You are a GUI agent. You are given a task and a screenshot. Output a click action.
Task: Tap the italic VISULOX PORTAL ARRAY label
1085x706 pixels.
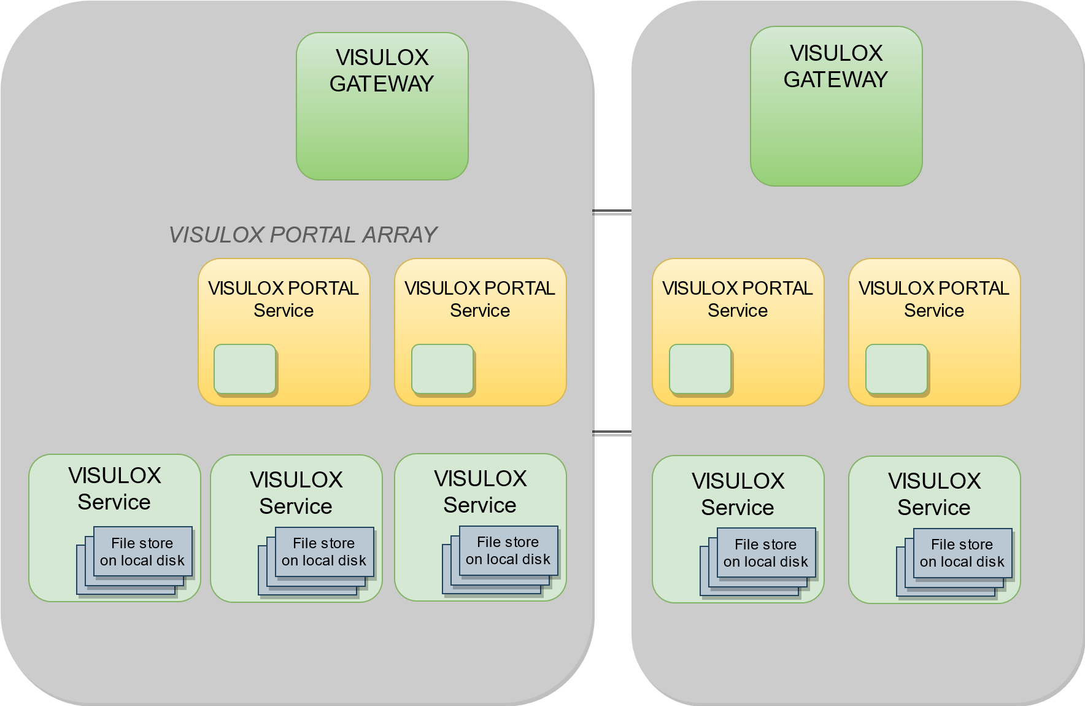click(303, 235)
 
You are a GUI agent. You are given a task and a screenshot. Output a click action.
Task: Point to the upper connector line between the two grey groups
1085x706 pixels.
click(612, 212)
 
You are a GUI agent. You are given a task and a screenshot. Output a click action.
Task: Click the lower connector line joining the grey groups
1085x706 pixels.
click(612, 432)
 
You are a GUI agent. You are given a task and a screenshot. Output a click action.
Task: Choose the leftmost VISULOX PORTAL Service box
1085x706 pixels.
click(284, 332)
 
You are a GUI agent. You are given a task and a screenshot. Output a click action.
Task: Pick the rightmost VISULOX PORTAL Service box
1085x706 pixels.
click(934, 332)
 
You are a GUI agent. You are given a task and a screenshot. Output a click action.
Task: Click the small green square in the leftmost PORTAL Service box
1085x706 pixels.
click(245, 368)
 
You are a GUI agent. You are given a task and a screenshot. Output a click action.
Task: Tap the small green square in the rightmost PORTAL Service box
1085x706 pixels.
click(896, 368)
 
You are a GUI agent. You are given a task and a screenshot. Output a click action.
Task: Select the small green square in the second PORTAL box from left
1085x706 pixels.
click(442, 368)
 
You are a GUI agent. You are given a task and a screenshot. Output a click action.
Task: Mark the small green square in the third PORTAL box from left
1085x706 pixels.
click(700, 368)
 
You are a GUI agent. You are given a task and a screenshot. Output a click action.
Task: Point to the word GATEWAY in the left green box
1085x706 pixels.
click(382, 83)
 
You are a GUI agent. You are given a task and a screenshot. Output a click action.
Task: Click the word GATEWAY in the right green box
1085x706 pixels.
click(836, 79)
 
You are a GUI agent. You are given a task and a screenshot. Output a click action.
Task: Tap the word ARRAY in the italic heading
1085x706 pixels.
click(400, 235)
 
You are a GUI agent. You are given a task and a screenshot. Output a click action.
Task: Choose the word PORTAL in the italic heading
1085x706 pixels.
click(312, 235)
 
